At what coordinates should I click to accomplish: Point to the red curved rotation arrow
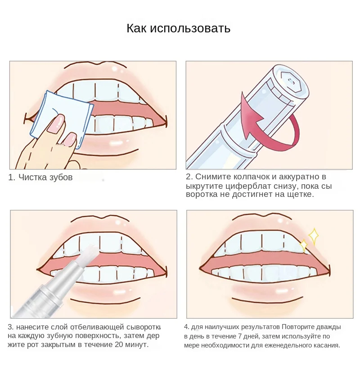(265, 126)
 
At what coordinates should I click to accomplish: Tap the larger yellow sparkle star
(313, 236)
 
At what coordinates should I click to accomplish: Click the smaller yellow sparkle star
(304, 245)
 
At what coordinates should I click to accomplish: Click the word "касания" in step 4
(326, 346)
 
